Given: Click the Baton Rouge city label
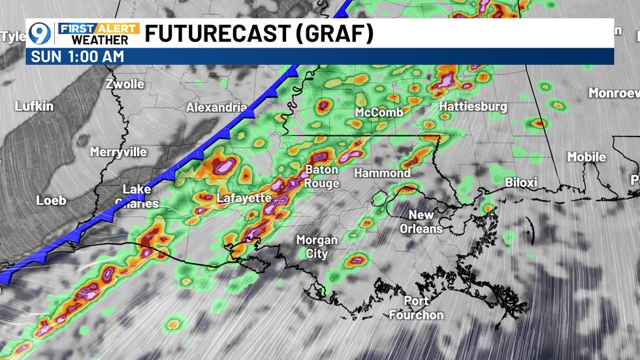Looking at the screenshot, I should tap(322, 176).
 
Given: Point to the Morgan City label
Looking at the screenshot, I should tap(317, 246).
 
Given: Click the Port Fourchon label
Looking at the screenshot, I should tap(415, 308).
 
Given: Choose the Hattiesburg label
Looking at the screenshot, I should tap(473, 106).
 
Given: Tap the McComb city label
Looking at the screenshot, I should tap(379, 112).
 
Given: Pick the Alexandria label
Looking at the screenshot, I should tap(216, 107).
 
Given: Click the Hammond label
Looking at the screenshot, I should tap(382, 173).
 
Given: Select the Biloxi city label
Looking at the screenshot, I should tap(520, 182).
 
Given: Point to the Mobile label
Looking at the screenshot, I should tap(586, 157).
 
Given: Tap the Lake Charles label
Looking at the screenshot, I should tap(136, 196).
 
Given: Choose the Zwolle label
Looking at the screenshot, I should tap(124, 84).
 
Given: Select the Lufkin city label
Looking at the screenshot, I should tap(34, 106).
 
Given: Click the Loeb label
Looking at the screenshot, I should tap(51, 200).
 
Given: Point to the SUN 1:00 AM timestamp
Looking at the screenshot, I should tap(75, 56).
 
